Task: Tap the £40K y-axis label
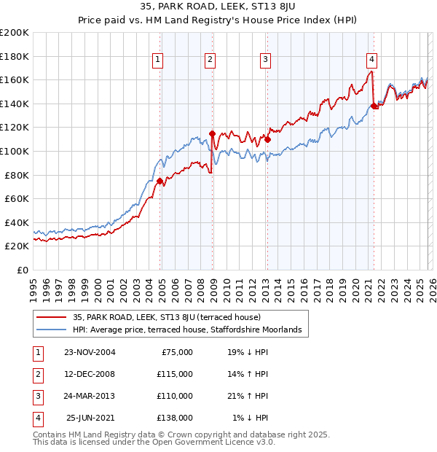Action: point(17,222)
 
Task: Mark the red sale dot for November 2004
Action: point(160,181)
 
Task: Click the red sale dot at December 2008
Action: point(212,133)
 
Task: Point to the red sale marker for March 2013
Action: point(267,139)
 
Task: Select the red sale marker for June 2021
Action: point(374,106)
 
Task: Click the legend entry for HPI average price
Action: point(191,330)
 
